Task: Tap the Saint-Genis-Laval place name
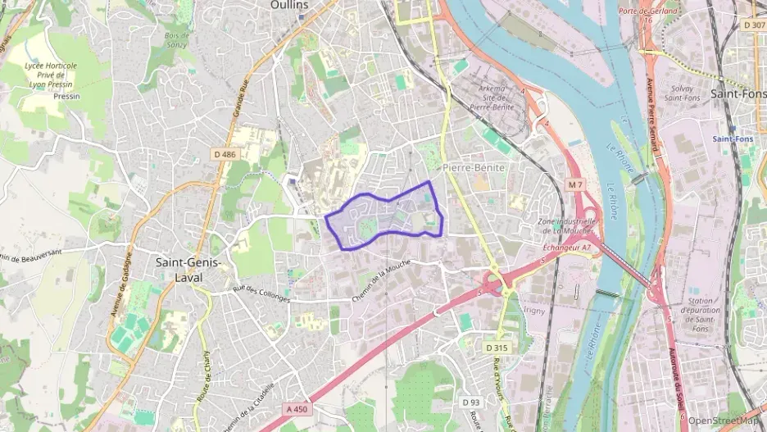click(188, 270)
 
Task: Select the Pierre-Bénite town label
click(474, 166)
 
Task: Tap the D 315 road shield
click(496, 348)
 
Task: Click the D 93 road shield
click(470, 402)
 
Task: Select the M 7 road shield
click(576, 185)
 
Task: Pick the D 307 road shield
click(753, 25)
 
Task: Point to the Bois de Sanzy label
click(176, 40)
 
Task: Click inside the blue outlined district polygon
click(385, 218)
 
